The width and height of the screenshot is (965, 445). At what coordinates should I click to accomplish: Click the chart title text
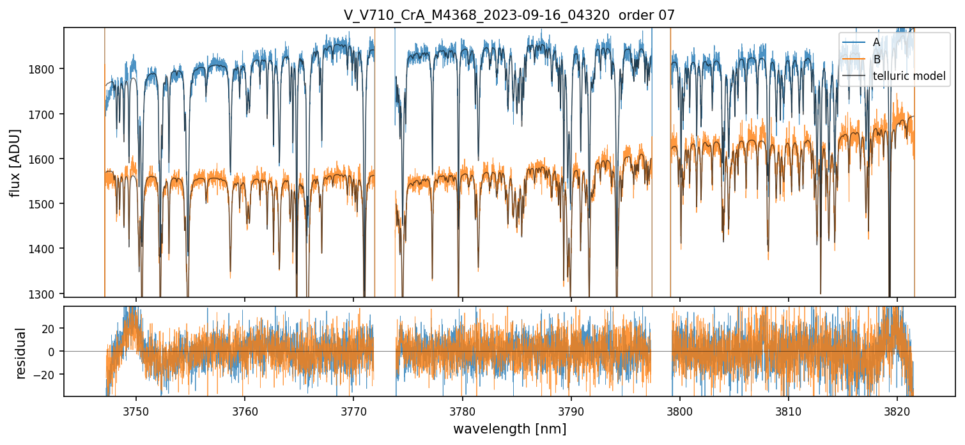click(509, 15)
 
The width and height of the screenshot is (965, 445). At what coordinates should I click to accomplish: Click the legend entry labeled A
click(876, 42)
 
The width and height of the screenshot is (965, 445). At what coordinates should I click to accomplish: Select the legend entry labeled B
click(876, 59)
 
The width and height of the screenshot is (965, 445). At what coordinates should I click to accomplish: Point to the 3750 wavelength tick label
click(135, 409)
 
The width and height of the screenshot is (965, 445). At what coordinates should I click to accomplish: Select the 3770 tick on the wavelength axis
click(353, 409)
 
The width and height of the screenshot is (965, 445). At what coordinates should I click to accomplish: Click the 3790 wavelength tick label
click(571, 409)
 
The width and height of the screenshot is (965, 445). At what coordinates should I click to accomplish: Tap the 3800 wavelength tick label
click(680, 409)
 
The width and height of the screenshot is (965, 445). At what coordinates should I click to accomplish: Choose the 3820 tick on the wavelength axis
click(897, 409)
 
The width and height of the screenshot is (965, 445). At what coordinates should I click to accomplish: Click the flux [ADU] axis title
click(15, 162)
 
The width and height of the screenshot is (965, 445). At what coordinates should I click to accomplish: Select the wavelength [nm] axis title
click(509, 428)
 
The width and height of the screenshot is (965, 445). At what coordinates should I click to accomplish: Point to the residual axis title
click(22, 353)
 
